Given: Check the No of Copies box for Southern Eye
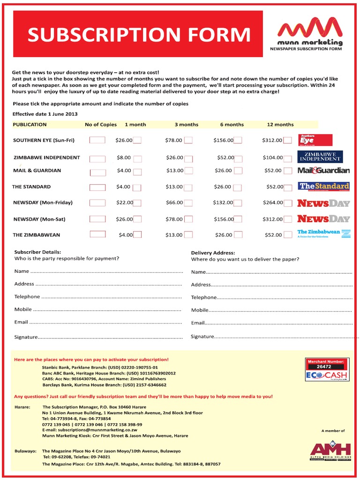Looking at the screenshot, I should (x=97, y=140).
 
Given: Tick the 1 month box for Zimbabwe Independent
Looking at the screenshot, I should (x=137, y=158).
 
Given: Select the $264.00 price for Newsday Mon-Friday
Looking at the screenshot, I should (x=272, y=203).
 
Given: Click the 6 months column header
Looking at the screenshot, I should (x=232, y=125).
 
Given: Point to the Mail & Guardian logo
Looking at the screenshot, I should (x=323, y=171).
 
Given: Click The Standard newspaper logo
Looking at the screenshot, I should (x=324, y=187).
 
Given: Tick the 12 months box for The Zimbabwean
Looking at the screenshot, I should (x=288, y=235).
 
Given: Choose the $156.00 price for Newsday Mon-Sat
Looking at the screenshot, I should (x=224, y=219).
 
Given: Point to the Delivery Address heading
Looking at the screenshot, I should (x=213, y=253).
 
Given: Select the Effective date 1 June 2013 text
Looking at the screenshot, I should (x=45, y=114).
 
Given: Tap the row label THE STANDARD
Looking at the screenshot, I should (x=31, y=187).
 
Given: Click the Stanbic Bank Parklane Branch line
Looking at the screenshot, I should (x=100, y=367).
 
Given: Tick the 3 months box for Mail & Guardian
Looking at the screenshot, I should (x=188, y=171).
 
